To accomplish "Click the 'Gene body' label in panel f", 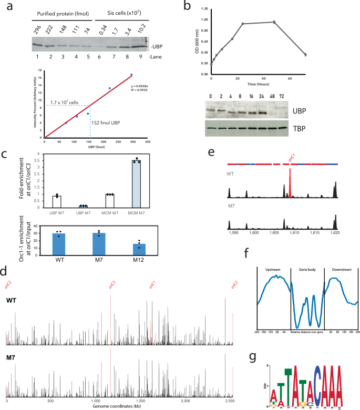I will [x=307, y=270].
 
